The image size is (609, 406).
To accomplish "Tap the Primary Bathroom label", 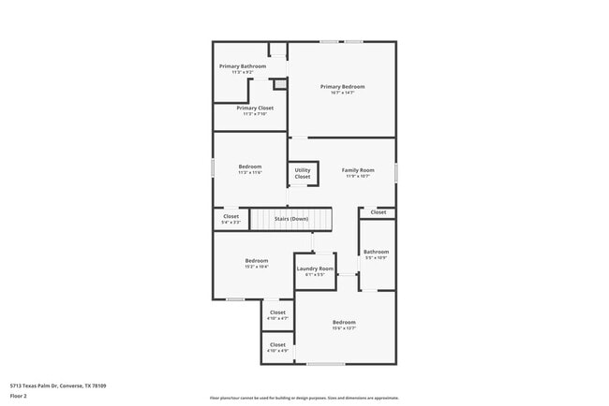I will pyautogui.click(x=243, y=66).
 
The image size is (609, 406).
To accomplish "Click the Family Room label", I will pyautogui.click(x=357, y=170).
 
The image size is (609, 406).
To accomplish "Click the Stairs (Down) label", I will pyautogui.click(x=291, y=219).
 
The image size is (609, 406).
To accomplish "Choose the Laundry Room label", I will pyautogui.click(x=315, y=268).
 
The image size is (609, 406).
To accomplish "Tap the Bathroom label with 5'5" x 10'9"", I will pyautogui.click(x=376, y=252).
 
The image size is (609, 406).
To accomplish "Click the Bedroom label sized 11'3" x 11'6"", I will pyautogui.click(x=249, y=167).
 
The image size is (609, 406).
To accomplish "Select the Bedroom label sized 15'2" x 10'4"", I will pyautogui.click(x=257, y=260).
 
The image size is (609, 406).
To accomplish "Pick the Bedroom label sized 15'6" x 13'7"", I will pyautogui.click(x=344, y=323).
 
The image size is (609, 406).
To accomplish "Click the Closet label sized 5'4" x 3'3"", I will pyautogui.click(x=230, y=216).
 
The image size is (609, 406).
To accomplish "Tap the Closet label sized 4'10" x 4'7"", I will pyautogui.click(x=277, y=312).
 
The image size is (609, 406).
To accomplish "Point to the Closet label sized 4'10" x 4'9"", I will pyautogui.click(x=277, y=344).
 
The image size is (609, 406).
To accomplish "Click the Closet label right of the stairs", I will pyautogui.click(x=379, y=212).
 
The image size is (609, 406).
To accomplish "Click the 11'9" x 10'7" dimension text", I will pyautogui.click(x=357, y=176).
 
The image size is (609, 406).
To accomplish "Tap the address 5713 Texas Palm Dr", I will pyautogui.click(x=58, y=385).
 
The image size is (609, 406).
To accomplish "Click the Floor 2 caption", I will pyautogui.click(x=19, y=396).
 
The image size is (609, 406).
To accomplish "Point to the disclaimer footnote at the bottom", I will pyautogui.click(x=304, y=398).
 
